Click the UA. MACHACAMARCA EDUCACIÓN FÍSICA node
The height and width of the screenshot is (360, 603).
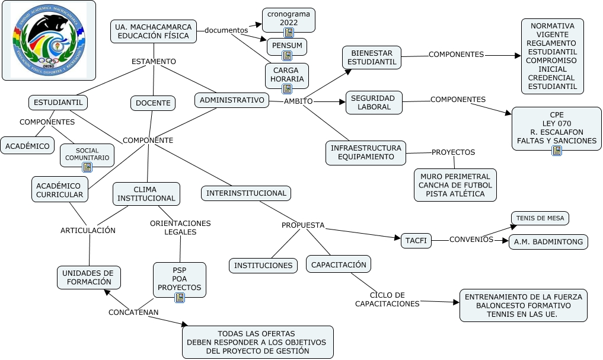[154, 31]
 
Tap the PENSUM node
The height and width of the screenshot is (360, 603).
[287, 46]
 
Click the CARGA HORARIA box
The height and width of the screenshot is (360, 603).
[287, 75]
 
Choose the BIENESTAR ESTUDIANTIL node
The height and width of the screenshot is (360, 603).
[372, 58]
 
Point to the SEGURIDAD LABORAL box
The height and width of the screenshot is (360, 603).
[374, 102]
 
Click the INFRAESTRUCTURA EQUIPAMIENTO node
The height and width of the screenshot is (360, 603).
[366, 152]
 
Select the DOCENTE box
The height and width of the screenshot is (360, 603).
[153, 103]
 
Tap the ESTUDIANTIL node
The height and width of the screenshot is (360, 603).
[58, 103]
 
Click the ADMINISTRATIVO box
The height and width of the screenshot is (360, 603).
[232, 100]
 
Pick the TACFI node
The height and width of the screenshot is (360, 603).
[416, 241]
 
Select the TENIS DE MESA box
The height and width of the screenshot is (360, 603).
[540, 218]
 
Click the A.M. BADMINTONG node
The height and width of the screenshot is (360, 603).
[548, 241]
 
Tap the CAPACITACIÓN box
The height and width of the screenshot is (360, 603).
[339, 265]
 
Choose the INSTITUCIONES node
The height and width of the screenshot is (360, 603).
[263, 266]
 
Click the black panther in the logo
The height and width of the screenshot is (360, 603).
[47, 29]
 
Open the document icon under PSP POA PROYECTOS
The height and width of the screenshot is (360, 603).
[180, 297]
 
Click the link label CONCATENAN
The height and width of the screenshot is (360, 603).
[133, 312]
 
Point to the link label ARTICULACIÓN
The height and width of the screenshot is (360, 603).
[88, 230]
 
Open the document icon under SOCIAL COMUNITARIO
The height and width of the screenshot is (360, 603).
[87, 167]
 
